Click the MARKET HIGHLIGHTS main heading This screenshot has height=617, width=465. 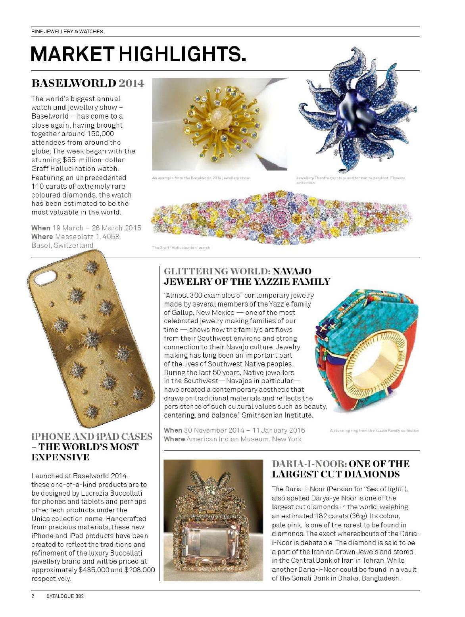[138, 54]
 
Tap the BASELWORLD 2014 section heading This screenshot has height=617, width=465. [87, 84]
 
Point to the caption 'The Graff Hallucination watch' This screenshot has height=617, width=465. [181, 248]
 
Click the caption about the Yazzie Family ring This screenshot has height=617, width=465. [374, 430]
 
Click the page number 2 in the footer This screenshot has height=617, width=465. [33, 596]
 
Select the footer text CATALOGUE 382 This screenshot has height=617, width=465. [65, 596]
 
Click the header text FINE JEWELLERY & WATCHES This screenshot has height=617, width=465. [67, 31]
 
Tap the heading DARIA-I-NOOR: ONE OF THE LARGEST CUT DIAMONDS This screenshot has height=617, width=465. [340, 469]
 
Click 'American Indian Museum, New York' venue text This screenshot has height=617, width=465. [244, 439]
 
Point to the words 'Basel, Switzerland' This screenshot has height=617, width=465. [62, 245]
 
